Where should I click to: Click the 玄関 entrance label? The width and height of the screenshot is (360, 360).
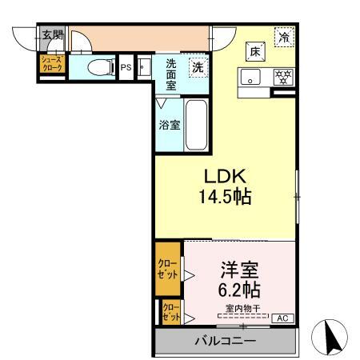(53, 34)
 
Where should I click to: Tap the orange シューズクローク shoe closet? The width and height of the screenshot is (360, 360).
(52, 64)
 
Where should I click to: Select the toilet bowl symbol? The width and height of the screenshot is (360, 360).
(94, 67)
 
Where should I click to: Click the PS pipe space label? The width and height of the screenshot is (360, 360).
(126, 68)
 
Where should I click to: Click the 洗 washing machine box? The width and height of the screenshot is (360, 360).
(197, 67)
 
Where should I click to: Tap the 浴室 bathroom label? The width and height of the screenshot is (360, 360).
(168, 125)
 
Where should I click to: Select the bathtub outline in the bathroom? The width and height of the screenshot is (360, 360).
(197, 125)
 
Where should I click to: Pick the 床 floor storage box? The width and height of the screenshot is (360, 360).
(254, 50)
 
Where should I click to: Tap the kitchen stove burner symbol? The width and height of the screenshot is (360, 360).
(282, 78)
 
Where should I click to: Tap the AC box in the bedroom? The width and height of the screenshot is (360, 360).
(282, 318)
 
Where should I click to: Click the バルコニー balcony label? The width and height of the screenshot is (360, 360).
(225, 342)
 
